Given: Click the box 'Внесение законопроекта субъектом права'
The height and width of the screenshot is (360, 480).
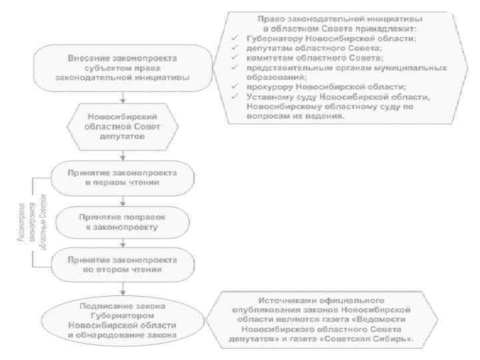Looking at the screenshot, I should [x=122, y=69].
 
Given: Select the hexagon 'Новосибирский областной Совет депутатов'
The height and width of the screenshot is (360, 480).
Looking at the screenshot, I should [x=122, y=126].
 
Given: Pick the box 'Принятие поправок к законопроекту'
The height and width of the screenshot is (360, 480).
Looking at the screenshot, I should [x=122, y=221].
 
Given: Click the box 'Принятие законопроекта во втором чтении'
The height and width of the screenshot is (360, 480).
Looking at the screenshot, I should [x=122, y=265].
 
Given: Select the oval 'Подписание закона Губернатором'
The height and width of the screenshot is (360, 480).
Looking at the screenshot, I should [x=122, y=320].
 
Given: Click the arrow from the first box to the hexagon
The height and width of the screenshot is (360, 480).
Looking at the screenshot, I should [x=122, y=97].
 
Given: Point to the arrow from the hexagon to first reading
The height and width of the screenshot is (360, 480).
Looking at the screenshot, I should [x=122, y=155].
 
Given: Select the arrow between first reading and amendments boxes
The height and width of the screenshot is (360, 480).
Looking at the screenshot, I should [x=122, y=200].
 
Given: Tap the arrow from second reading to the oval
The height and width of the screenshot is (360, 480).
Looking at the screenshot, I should [x=122, y=290].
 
